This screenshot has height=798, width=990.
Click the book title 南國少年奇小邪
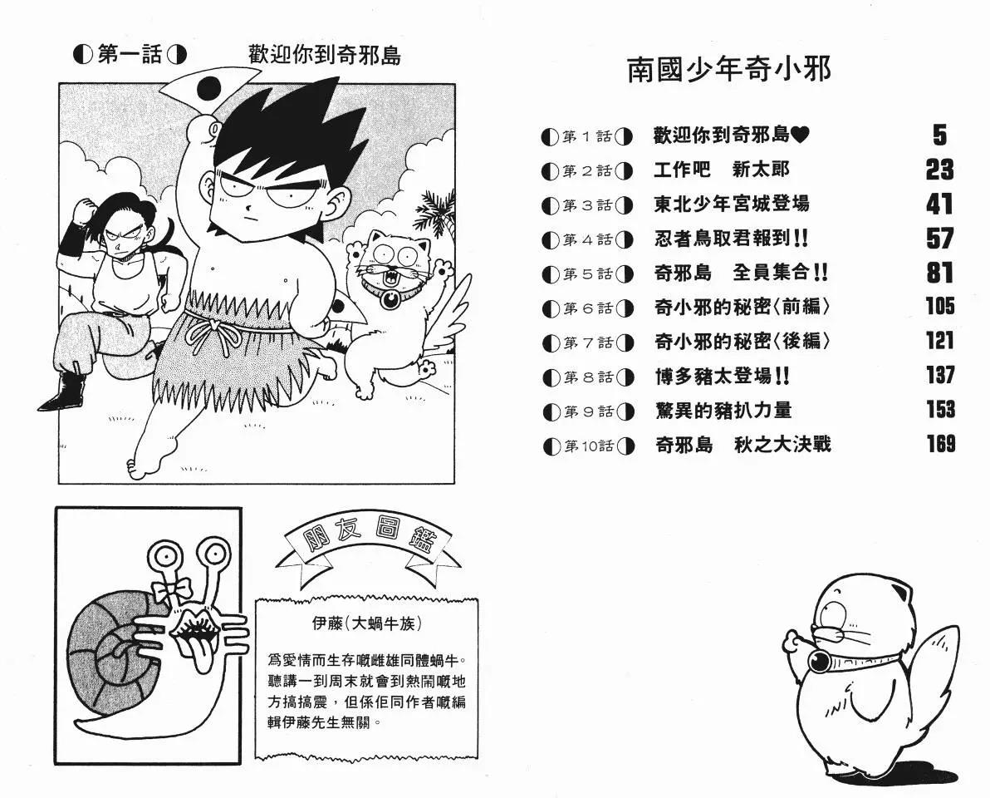click(x=729, y=70)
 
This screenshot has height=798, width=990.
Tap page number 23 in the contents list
click(x=939, y=170)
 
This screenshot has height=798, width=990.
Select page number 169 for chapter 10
click(x=941, y=444)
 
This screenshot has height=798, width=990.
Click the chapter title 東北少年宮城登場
click(x=732, y=204)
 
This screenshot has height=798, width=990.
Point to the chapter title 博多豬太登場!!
click(x=723, y=377)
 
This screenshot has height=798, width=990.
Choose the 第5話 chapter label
click(x=588, y=274)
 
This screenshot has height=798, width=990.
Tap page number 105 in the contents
click(x=940, y=307)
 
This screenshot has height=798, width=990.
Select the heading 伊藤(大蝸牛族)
click(x=367, y=623)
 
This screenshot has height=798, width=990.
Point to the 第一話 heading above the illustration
click(x=130, y=54)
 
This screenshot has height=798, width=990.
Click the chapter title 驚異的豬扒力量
click(x=723, y=411)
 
